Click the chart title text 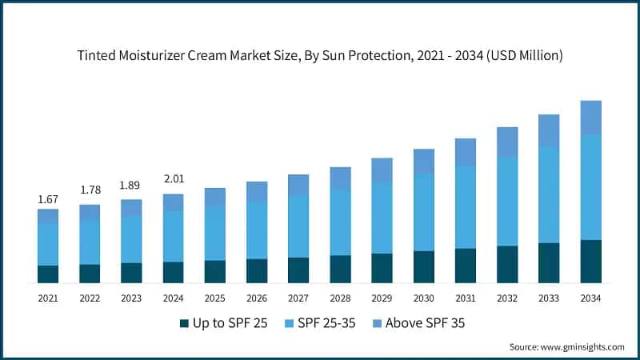[320, 55]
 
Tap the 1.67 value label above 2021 [47, 198]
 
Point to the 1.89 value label [130, 185]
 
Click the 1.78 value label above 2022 [89, 190]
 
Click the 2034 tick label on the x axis [590, 297]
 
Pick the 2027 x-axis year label [298, 297]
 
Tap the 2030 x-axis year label [423, 297]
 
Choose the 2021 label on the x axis [47, 297]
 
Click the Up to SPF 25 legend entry [223, 323]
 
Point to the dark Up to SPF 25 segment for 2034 [590, 262]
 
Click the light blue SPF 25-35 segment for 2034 [590, 187]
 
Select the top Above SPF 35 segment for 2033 [549, 130]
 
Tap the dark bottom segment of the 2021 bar [47, 274]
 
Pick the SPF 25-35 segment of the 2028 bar [340, 222]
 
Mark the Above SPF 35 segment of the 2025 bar [214, 197]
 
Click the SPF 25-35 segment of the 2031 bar [466, 207]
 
